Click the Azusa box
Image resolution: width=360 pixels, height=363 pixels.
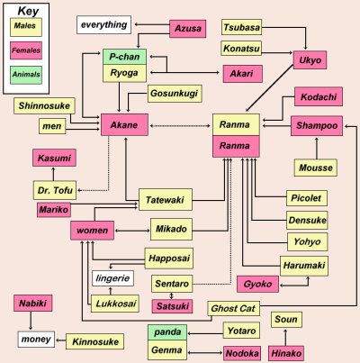tap(188, 29)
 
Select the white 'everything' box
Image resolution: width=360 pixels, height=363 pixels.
tap(103, 24)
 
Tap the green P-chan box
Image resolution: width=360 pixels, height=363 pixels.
tap(124, 57)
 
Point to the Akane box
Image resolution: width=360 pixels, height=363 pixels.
tap(124, 124)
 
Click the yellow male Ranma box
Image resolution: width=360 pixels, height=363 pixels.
tap(236, 124)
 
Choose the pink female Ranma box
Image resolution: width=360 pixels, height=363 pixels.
tap(236, 146)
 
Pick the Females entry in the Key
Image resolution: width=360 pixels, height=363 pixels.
tap(26, 50)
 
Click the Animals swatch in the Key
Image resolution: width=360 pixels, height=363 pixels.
tap(26, 75)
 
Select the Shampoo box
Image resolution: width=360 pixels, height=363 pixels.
tap(317, 125)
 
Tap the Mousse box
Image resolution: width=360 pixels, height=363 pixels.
tap(316, 168)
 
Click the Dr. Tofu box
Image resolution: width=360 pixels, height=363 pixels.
tap(55, 190)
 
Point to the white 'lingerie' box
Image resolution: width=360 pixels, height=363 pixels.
tap(112, 278)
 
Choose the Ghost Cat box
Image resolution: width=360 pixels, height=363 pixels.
tap(233, 308)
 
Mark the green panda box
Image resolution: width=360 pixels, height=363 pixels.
tap(167, 332)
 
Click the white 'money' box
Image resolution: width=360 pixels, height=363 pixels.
tap(36, 340)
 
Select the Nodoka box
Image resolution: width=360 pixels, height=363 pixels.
tap(242, 353)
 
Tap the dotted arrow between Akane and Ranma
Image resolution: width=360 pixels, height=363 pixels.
tap(180, 126)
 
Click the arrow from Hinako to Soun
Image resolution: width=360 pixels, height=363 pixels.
tap(285, 338)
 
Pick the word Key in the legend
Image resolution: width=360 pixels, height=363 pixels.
tap(28, 11)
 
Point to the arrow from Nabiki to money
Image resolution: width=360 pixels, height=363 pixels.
tap(31, 321)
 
